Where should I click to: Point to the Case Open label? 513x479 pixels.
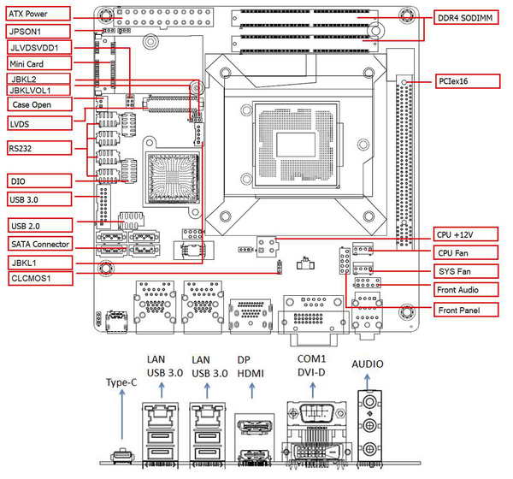click(x=35, y=104)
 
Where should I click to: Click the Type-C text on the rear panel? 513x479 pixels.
click(x=121, y=382)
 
